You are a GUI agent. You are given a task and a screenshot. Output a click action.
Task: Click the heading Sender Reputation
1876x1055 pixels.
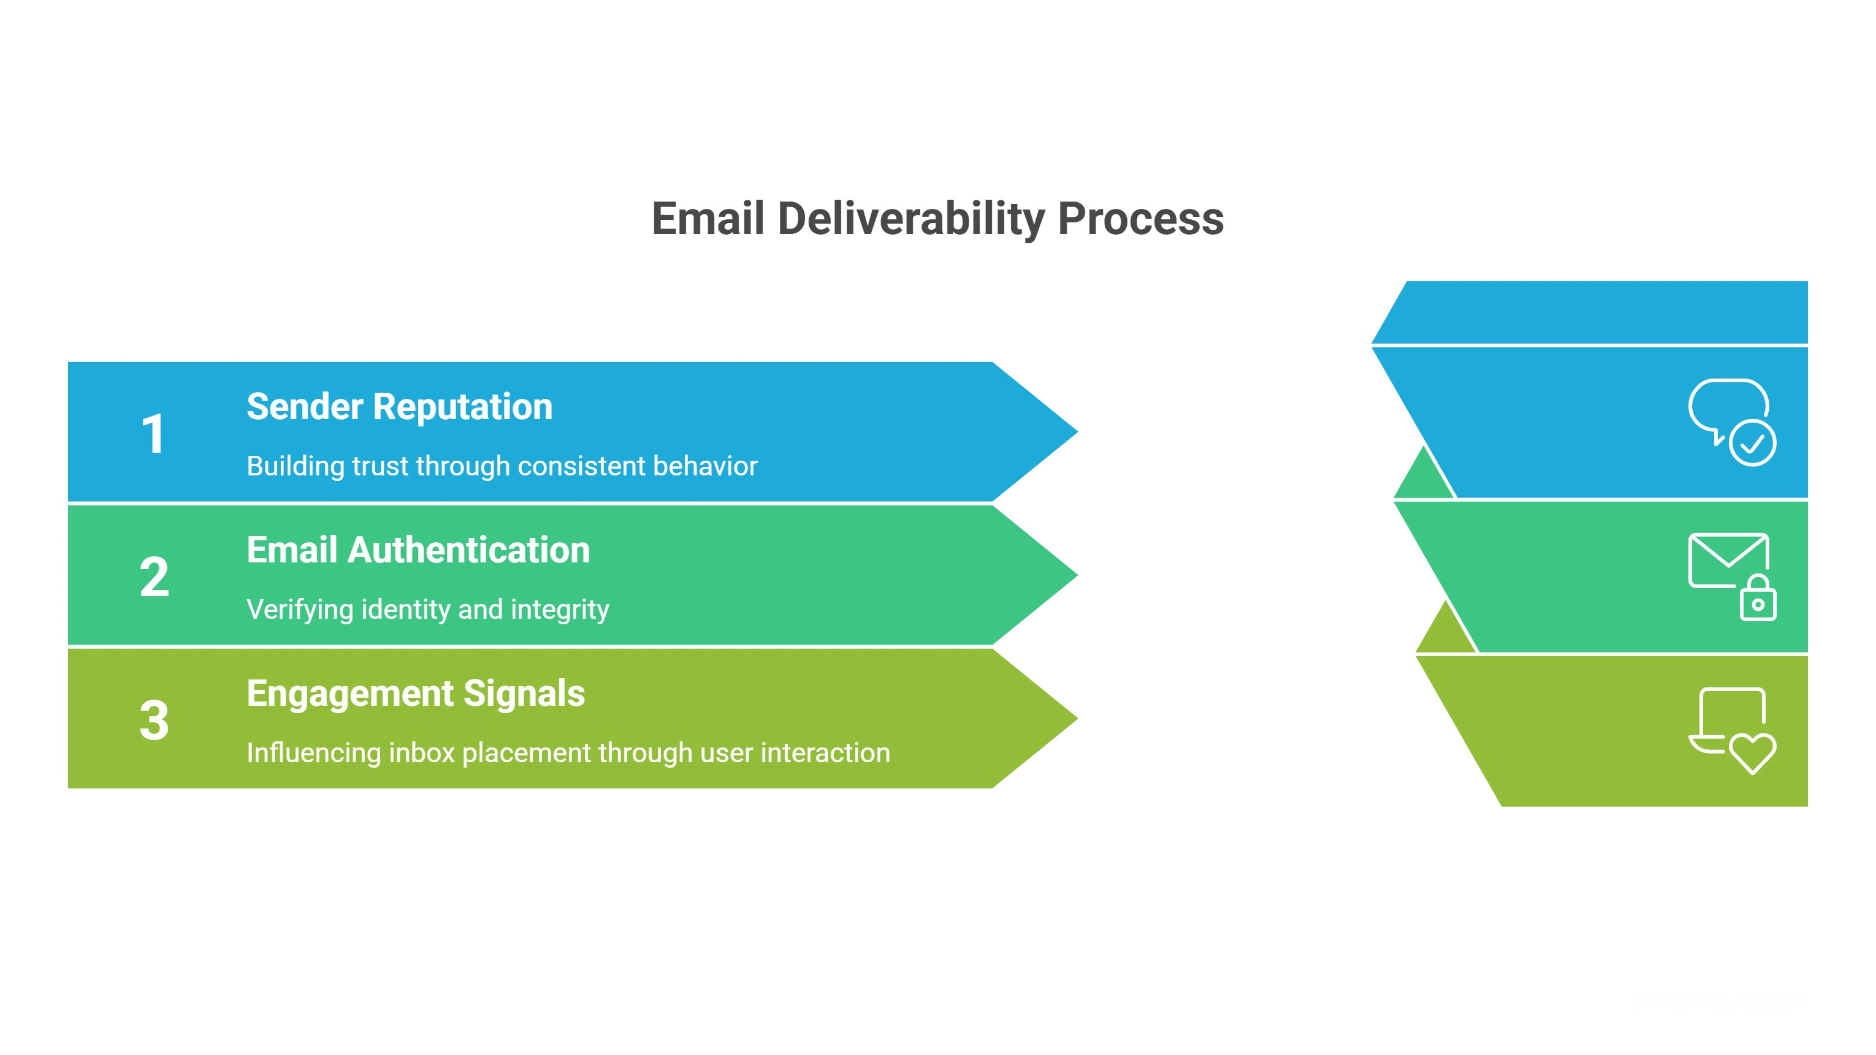click(x=399, y=406)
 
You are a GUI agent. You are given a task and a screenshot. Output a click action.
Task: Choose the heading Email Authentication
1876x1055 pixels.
click(x=418, y=550)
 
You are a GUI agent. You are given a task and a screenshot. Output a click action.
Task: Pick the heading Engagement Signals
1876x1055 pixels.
click(x=415, y=693)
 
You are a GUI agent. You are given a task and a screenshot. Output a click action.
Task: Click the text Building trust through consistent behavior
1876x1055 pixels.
click(x=502, y=466)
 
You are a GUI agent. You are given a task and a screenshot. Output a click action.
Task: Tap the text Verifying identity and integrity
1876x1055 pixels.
click(x=427, y=609)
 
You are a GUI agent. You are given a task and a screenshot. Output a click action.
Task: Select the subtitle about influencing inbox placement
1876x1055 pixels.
click(x=568, y=753)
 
